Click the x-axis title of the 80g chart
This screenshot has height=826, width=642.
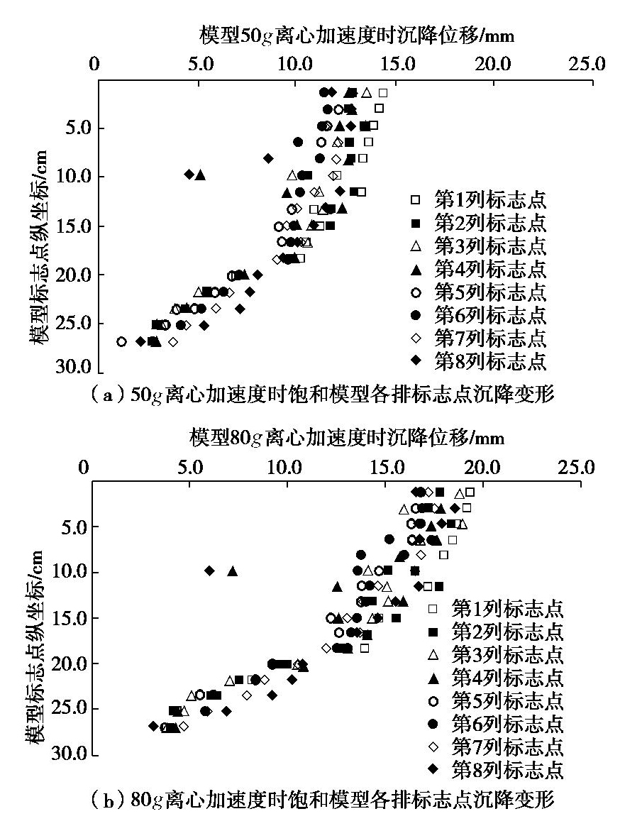(x=347, y=437)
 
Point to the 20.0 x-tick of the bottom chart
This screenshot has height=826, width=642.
(x=482, y=468)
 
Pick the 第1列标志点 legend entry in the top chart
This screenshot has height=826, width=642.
(x=480, y=201)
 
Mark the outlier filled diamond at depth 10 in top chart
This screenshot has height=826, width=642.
(x=189, y=174)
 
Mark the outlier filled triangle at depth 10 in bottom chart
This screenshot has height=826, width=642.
(x=233, y=571)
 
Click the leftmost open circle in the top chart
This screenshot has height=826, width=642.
(x=121, y=341)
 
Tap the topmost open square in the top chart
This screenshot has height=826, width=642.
(x=383, y=93)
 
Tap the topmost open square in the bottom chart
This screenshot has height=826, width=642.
(x=470, y=492)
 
